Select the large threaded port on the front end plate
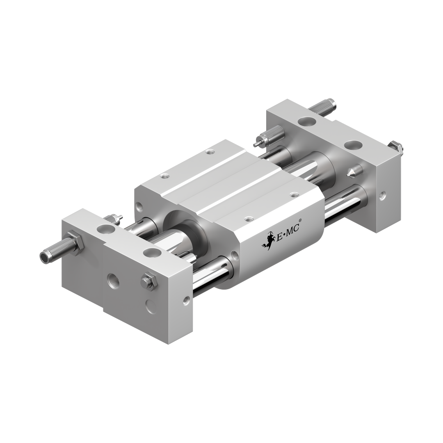[x=113, y=281]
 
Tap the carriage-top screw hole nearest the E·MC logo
[x=249, y=219]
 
